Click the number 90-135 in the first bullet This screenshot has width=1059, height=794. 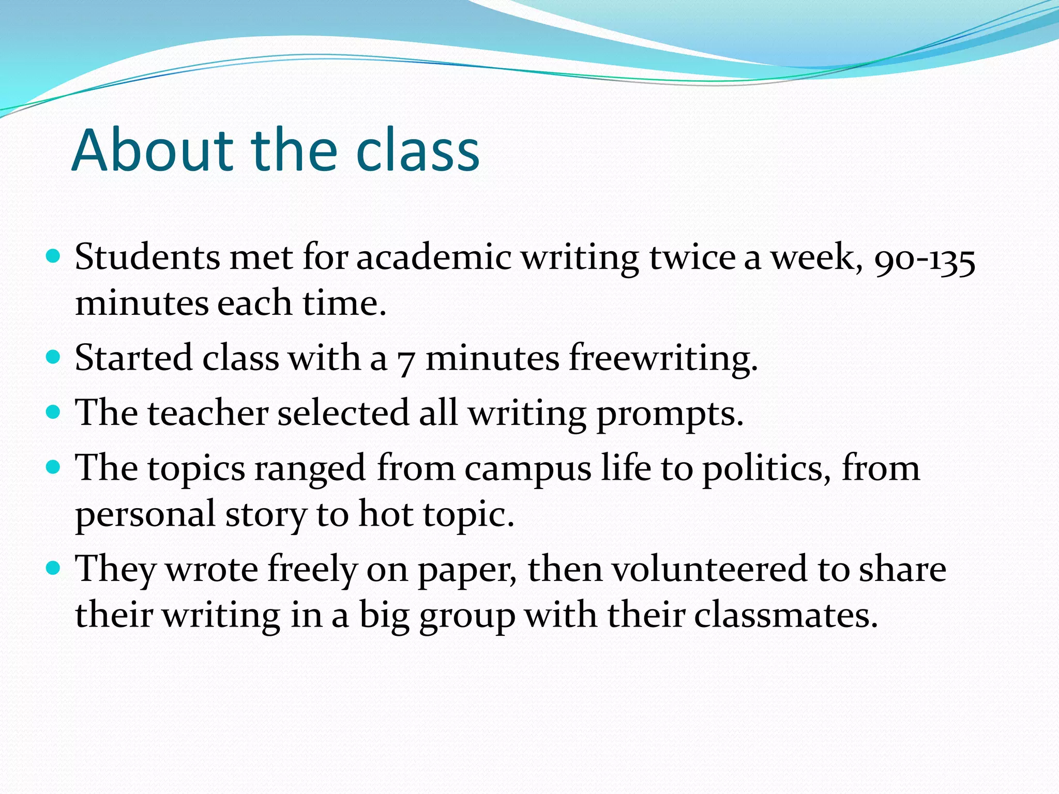tap(925, 258)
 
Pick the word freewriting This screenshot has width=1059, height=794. tap(662, 358)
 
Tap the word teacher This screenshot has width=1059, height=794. tap(208, 413)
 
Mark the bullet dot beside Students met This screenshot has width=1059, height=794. tap(53, 256)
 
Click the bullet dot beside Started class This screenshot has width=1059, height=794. tap(53, 357)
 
